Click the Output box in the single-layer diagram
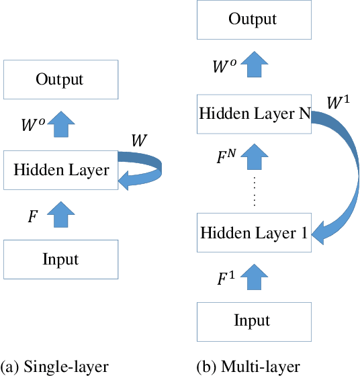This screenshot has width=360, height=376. [60, 80]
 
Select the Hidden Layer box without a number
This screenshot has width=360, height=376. [60, 170]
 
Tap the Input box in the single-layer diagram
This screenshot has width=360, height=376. [60, 260]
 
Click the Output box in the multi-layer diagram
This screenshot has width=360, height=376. [253, 19]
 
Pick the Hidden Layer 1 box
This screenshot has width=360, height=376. [253, 234]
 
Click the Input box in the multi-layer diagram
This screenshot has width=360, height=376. [253, 321]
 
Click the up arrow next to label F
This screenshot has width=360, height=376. [60, 215]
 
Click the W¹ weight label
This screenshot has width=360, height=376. [338, 103]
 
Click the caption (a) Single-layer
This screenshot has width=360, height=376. [54, 367]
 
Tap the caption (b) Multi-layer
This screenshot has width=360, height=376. [249, 367]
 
